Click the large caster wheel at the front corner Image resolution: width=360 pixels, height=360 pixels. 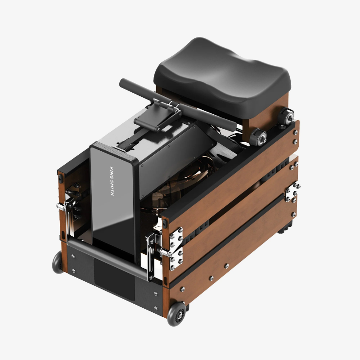click(177, 315)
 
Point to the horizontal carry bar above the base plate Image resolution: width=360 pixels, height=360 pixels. click(108, 261)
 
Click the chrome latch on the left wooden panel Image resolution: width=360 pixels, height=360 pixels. click(67, 211)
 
